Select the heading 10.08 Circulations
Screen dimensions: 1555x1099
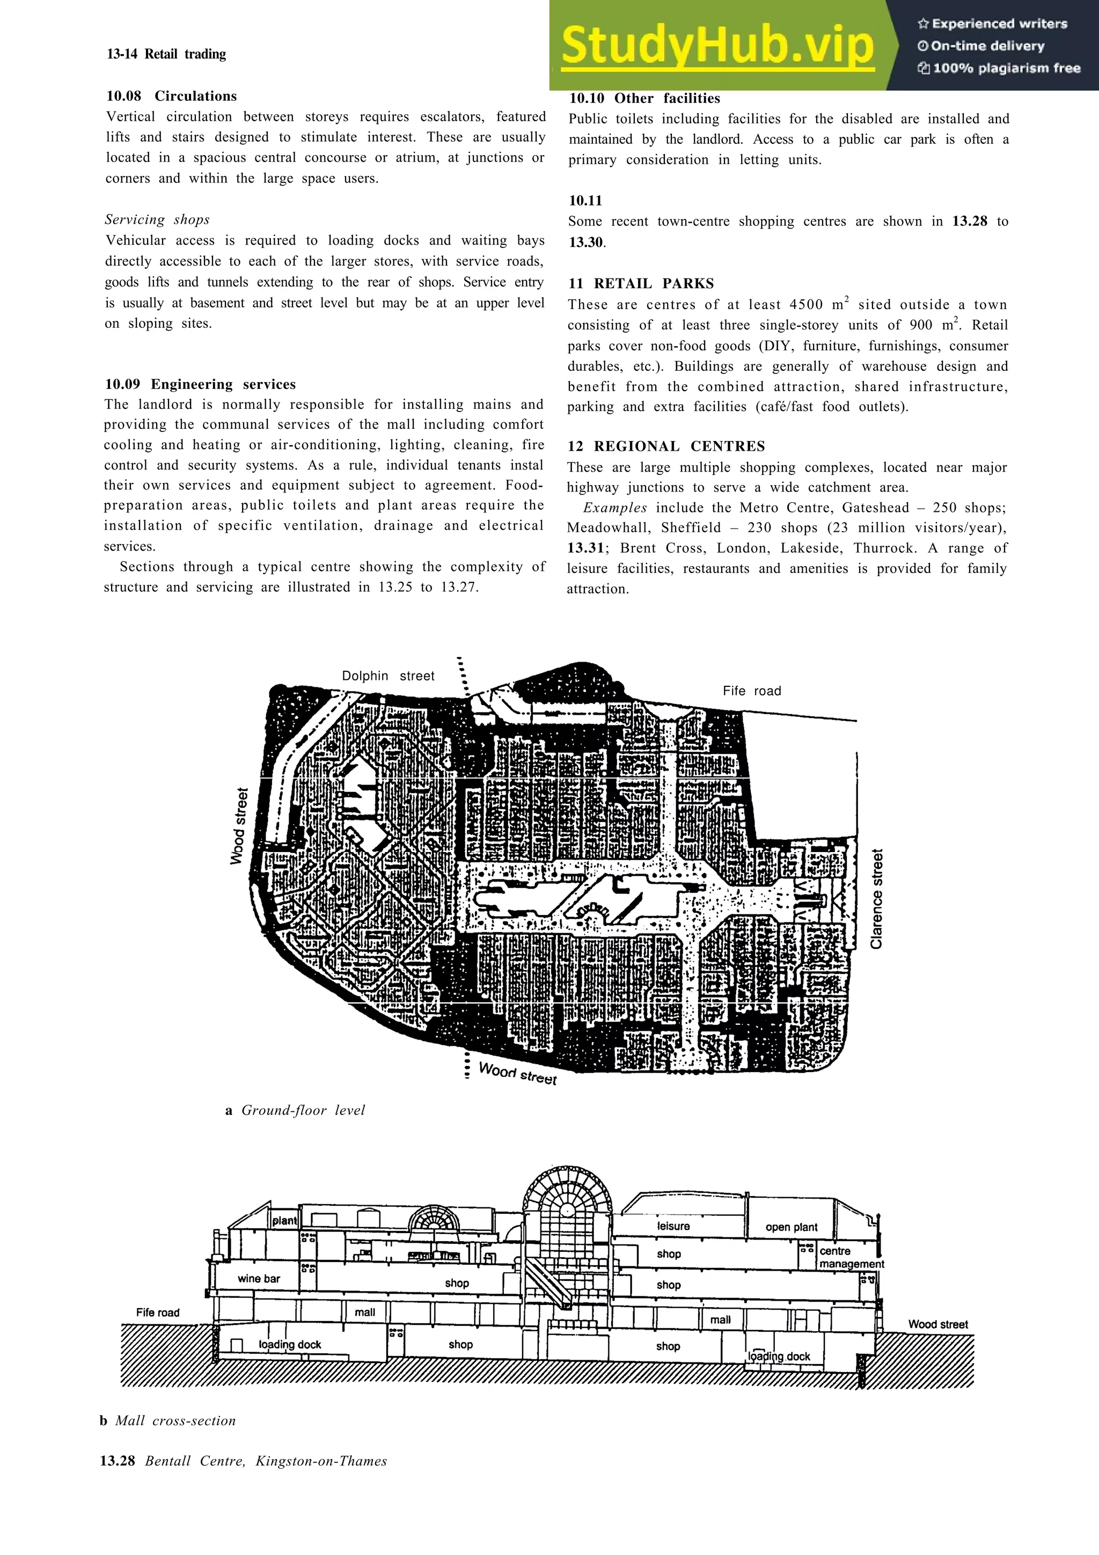[x=171, y=96]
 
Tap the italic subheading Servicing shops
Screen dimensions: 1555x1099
[x=157, y=219]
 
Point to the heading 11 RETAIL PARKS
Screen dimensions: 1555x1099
[x=641, y=283]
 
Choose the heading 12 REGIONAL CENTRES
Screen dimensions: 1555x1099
[x=666, y=446]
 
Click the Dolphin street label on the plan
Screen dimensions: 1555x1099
[x=388, y=676]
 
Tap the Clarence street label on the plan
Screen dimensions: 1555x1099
[x=876, y=899]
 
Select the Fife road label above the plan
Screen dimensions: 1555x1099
[x=752, y=691]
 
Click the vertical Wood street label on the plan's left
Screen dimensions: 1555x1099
[x=238, y=826]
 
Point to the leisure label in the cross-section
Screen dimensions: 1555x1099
[x=673, y=1226]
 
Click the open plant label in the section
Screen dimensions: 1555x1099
[x=791, y=1227]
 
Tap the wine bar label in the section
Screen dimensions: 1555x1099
[x=259, y=1279]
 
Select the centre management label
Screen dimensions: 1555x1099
[x=851, y=1257]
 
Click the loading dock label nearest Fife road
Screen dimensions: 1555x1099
[x=290, y=1344]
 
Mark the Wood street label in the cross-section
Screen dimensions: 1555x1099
[x=938, y=1324]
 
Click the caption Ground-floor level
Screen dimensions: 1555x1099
[x=303, y=1110]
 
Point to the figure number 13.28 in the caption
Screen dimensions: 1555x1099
[x=117, y=1461]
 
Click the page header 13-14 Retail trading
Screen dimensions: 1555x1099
[x=166, y=54]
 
